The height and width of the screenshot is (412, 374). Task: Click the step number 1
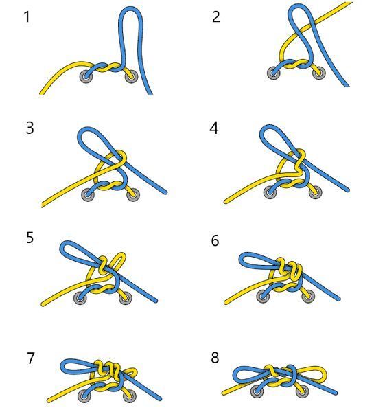tap(27, 16)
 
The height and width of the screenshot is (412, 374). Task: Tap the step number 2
tap(215, 16)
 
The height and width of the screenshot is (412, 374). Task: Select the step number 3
tap(30, 128)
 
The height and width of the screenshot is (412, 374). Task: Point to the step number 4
tap(214, 128)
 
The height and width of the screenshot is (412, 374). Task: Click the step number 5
tap(30, 238)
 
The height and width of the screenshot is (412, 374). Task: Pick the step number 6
tap(215, 240)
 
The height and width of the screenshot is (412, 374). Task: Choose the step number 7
tap(31, 358)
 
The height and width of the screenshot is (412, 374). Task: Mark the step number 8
tap(215, 358)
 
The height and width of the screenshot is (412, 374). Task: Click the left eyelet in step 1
tap(86, 77)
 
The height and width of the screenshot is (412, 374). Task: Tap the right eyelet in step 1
tap(131, 77)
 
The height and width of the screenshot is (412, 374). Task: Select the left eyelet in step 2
tap(273, 73)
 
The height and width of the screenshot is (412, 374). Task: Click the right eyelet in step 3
tap(133, 195)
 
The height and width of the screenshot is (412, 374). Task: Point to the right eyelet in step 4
tap(316, 192)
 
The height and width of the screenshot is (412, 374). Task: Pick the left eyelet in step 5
tap(80, 298)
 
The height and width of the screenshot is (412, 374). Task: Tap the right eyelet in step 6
tap(308, 297)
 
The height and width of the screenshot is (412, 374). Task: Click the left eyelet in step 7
tap(84, 396)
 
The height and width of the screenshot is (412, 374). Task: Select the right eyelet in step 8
tap(302, 392)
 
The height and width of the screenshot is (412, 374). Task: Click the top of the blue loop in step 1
tap(131, 8)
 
